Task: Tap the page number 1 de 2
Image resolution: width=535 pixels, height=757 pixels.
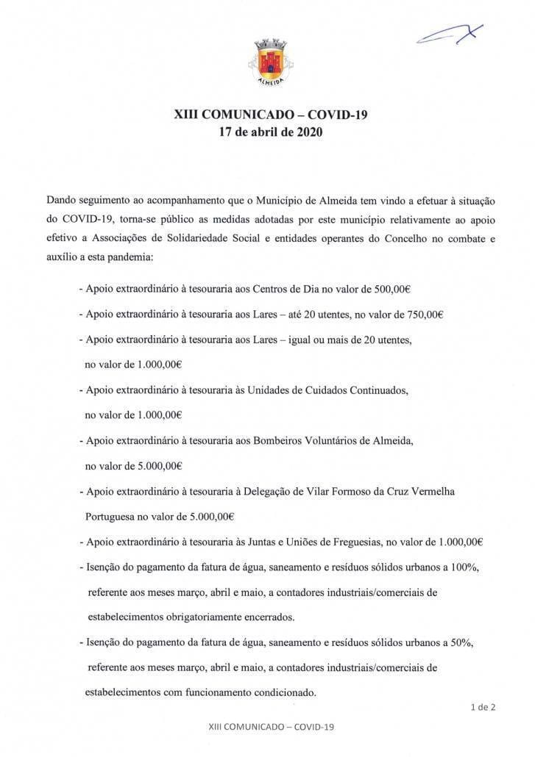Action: coord(483,708)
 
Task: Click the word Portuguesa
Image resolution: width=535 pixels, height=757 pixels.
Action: coord(113,515)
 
